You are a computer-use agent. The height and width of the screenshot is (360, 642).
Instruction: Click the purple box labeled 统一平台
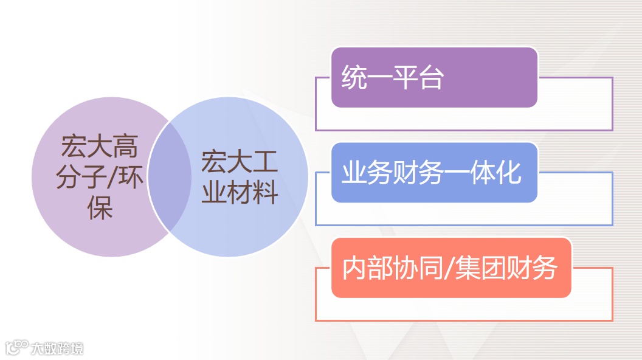(434, 78)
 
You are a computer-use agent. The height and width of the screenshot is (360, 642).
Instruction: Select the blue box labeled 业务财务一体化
(434, 173)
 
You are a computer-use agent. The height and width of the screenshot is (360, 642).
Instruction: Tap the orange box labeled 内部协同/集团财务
(450, 268)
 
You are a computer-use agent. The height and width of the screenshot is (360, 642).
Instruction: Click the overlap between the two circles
(170, 177)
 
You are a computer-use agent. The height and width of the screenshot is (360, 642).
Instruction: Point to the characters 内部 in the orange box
(367, 268)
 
